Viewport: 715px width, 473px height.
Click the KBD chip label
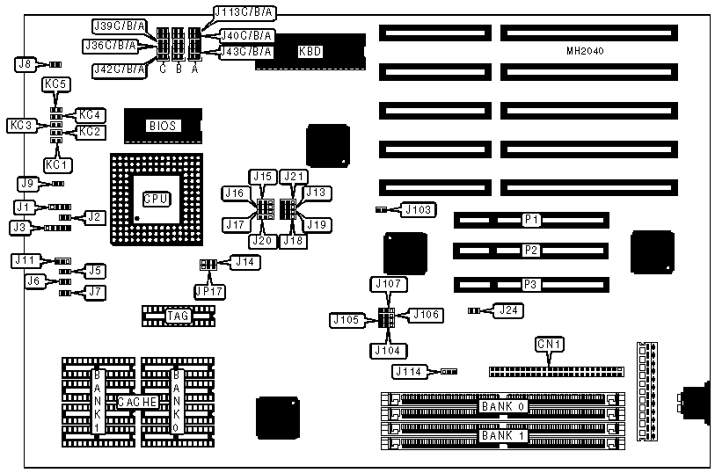click(x=310, y=52)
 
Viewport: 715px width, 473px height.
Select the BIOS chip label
click(x=163, y=126)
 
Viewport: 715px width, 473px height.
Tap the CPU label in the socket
click(x=156, y=198)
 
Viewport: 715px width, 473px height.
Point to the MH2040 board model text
click(x=585, y=52)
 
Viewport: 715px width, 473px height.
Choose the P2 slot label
click(x=530, y=251)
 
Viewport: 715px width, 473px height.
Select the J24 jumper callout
click(x=507, y=309)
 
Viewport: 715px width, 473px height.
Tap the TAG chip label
click(x=178, y=315)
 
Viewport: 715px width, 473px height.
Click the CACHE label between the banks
click(x=138, y=402)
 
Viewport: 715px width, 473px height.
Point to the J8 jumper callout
click(x=26, y=63)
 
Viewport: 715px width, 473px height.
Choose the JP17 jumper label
click(x=209, y=291)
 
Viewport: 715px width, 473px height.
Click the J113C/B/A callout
click(x=244, y=12)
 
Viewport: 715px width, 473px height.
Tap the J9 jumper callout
click(x=28, y=184)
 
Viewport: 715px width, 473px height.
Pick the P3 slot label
click(x=530, y=284)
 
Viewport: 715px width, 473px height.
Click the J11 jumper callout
click(x=26, y=260)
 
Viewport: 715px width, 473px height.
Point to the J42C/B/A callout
click(x=118, y=69)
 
